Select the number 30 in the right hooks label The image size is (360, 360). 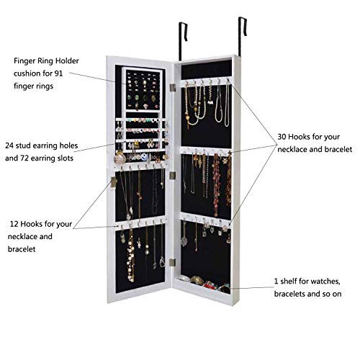coord(283,136)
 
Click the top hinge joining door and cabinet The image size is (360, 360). coord(172,87)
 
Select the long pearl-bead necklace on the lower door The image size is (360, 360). coord(132,256)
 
